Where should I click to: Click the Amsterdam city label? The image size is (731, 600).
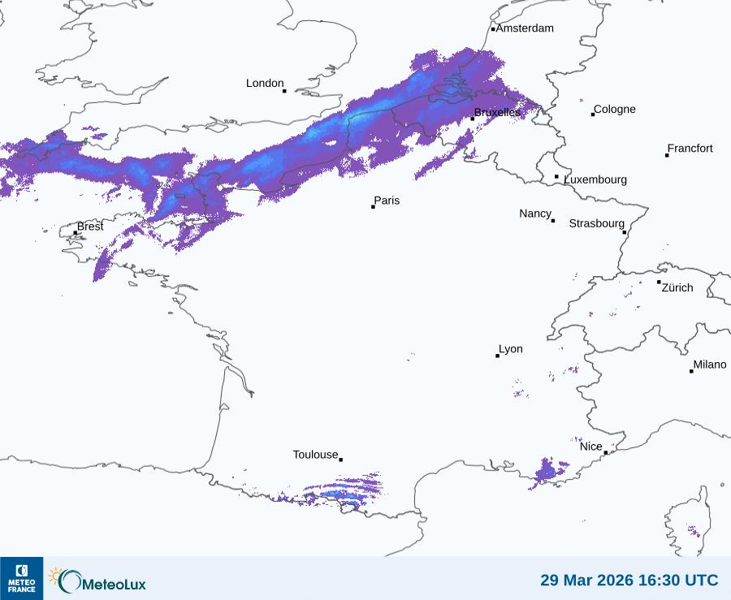tap(525, 28)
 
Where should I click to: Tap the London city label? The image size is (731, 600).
tap(265, 83)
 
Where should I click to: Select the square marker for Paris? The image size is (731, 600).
tap(373, 206)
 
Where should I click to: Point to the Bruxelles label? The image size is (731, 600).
tap(497, 112)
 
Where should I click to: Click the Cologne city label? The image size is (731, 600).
tap(615, 110)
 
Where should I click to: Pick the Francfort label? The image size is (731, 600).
tap(690, 149)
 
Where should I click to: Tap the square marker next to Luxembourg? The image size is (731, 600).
tap(556, 176)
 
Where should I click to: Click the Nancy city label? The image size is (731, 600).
tap(535, 214)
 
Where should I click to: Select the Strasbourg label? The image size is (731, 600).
tap(596, 223)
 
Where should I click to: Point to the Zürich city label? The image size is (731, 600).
tap(677, 287)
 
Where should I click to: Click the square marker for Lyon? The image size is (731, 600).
tap(497, 356)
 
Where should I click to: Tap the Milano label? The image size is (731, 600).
tap(710, 365)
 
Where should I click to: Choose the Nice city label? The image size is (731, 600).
tap(590, 447)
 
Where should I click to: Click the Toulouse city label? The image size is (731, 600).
tap(315, 455)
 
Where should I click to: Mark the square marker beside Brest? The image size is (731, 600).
tap(76, 233)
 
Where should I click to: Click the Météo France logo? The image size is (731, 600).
tap(22, 578)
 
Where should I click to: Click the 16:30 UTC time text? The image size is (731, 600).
tap(679, 581)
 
